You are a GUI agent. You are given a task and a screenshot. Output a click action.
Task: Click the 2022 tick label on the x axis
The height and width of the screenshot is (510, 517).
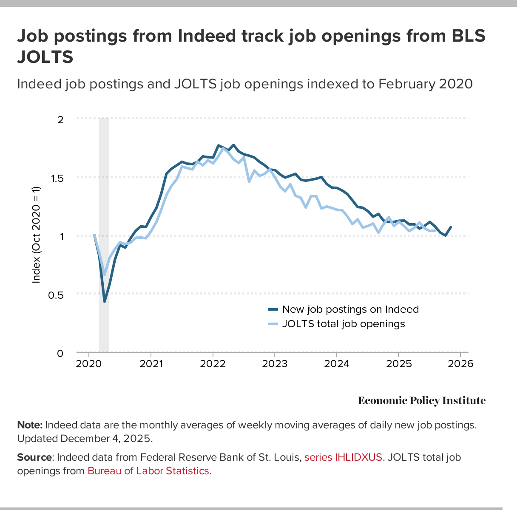pyautogui.click(x=213, y=364)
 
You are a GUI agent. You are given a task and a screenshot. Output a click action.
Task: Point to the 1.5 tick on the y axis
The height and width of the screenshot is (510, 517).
pyautogui.click(x=57, y=178)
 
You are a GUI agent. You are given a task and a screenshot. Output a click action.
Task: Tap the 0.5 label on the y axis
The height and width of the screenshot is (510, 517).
pyautogui.click(x=57, y=295)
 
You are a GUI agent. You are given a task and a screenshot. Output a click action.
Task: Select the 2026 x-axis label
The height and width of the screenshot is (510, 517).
pyautogui.click(x=460, y=364)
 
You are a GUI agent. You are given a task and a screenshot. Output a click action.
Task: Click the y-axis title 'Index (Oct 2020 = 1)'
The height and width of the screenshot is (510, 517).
pyautogui.click(x=37, y=235)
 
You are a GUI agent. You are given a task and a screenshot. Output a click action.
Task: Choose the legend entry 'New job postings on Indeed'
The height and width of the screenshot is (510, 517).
pyautogui.click(x=350, y=309)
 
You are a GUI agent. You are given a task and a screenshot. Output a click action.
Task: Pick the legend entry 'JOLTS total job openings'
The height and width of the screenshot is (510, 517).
pyautogui.click(x=344, y=324)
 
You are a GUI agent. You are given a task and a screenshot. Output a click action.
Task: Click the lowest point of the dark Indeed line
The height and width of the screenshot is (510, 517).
pyautogui.click(x=104, y=301)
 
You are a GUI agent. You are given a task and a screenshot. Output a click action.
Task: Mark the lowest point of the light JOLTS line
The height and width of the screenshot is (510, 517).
pyautogui.click(x=105, y=274)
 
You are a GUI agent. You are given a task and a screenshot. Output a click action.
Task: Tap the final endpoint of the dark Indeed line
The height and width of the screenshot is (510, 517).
pyautogui.click(x=451, y=227)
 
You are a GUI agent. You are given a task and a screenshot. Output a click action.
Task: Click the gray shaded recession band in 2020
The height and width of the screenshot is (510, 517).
pyautogui.click(x=104, y=323)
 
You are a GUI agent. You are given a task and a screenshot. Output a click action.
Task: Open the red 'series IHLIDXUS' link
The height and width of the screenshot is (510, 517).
pyautogui.click(x=343, y=457)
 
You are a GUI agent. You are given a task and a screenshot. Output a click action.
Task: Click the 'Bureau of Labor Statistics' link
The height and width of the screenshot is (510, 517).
pyautogui.click(x=148, y=471)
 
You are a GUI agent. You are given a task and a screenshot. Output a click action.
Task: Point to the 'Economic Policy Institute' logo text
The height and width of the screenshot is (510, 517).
pyautogui.click(x=421, y=401)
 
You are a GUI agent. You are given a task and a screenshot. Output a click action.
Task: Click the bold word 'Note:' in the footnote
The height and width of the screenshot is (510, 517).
pyautogui.click(x=30, y=425)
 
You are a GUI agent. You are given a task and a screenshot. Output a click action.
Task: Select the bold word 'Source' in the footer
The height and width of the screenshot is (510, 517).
pyautogui.click(x=34, y=457)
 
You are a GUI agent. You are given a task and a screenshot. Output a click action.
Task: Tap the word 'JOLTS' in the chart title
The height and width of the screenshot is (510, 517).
pyautogui.click(x=45, y=57)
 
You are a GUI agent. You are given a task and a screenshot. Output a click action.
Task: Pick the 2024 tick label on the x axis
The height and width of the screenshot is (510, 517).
pyautogui.click(x=336, y=364)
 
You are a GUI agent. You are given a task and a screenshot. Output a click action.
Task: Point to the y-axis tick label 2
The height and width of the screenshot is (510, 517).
pyautogui.click(x=60, y=119)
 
